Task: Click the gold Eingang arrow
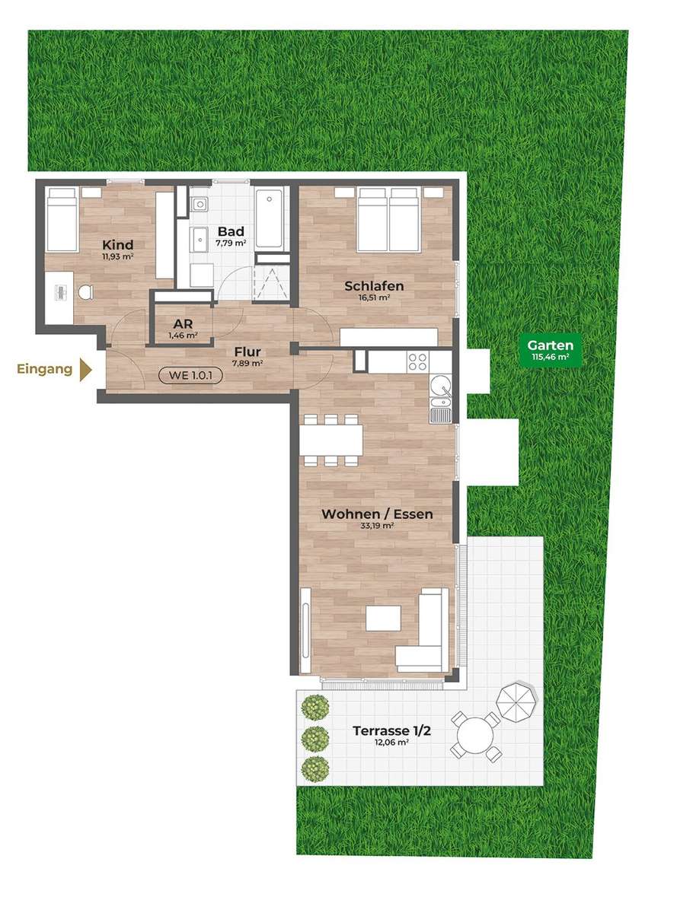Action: (85, 369)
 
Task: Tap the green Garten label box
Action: (550, 350)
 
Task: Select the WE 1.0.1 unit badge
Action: (190, 375)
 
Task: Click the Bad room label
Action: (231, 231)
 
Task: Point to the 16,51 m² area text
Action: (374, 297)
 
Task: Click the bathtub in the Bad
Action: (269, 218)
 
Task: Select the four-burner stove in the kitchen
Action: (417, 362)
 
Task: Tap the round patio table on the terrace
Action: (474, 736)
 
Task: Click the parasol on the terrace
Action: (517, 701)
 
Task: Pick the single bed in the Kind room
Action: (62, 219)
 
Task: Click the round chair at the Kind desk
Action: (85, 293)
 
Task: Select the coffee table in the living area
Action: (383, 619)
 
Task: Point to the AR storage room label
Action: (183, 323)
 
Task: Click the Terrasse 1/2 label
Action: (391, 730)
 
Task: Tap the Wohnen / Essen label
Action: (377, 514)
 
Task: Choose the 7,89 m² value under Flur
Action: (247, 363)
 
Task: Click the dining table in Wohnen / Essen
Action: (331, 440)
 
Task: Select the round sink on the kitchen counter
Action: (440, 386)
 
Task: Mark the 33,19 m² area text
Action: (377, 526)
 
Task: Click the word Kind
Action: (118, 245)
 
